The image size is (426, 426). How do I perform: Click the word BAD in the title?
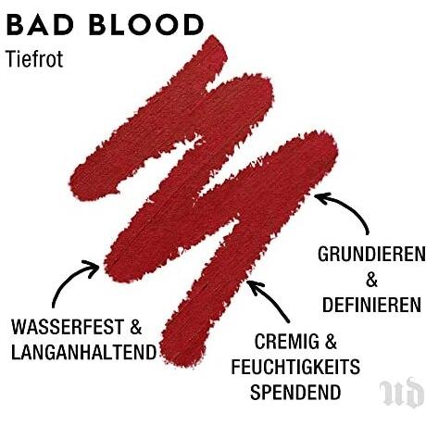(x=39, y=25)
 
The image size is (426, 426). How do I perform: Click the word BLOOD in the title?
(x=146, y=25)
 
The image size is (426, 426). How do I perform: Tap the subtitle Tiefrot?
(x=34, y=58)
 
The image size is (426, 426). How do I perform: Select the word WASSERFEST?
(x=68, y=327)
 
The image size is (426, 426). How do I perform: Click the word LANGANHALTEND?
(x=83, y=352)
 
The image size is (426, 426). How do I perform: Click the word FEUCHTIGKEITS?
(x=295, y=367)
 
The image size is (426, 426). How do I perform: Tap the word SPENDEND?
(x=295, y=392)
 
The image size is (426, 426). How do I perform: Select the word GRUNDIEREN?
(x=371, y=255)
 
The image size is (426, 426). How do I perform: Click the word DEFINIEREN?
(x=371, y=305)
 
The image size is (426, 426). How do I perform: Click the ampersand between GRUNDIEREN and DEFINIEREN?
(x=371, y=280)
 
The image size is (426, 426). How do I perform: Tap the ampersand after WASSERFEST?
(x=136, y=327)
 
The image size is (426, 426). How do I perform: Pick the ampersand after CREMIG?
(x=331, y=342)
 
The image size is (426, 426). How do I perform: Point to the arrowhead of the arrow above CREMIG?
(x=254, y=286)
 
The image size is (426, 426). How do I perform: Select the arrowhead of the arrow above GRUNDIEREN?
(x=321, y=197)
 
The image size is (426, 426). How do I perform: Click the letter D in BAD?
(x=63, y=25)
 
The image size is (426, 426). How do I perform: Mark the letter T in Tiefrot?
(x=11, y=58)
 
